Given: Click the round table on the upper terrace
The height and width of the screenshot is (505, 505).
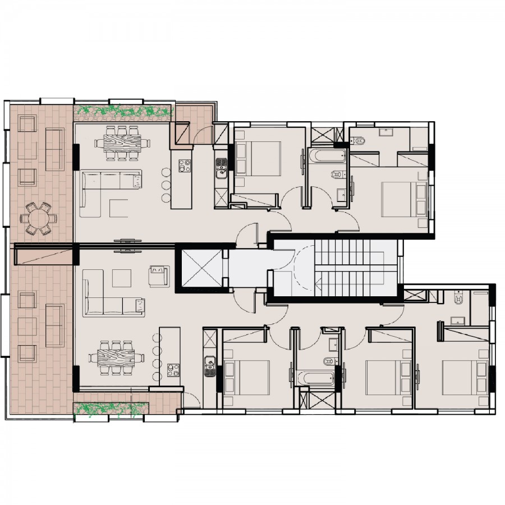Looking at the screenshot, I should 38,218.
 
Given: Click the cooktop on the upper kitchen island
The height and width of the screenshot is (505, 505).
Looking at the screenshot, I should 185,166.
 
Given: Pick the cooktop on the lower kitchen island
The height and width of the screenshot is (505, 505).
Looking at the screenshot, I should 173,370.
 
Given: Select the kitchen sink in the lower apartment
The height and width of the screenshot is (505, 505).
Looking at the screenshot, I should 210,365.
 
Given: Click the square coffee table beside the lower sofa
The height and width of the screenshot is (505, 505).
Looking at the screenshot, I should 121,278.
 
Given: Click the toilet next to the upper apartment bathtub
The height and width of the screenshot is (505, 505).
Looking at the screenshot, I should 336,174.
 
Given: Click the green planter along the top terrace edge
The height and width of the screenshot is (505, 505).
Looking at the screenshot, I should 122,113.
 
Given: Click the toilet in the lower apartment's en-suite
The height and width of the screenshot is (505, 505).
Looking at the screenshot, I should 458,300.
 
